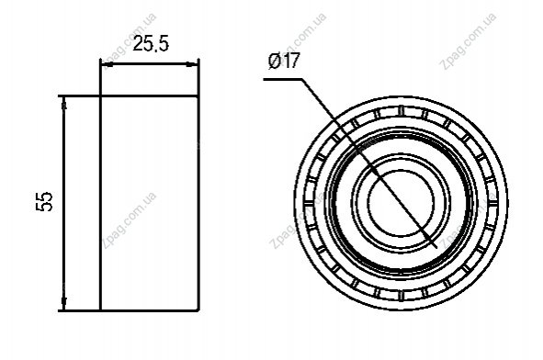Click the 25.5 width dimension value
tap(151, 44)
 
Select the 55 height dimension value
tap(44, 201)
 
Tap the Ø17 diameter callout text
tap(283, 61)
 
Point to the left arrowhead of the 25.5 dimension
tap(106, 64)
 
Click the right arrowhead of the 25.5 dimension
tap(192, 64)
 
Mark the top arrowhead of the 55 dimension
tap(64, 102)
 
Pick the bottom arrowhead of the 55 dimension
tap(64, 304)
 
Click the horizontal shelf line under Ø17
tap(283, 79)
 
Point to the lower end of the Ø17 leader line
tap(436, 247)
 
